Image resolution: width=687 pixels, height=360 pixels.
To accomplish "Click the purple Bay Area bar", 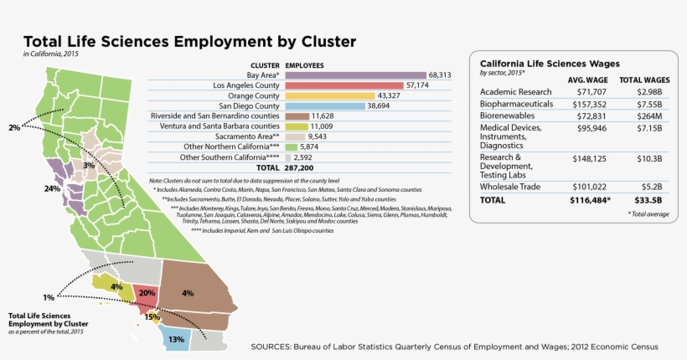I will pos(355,75).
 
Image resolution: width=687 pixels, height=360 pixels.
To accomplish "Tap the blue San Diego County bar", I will pos(325,106).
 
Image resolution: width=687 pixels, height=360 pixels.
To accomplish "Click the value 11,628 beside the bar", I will pos(325,116).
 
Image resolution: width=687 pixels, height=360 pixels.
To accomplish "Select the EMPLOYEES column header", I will pos(305,64).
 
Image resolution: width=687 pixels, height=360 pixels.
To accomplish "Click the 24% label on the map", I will pos(52,189).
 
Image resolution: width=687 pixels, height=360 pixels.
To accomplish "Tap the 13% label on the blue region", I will pos(176,340).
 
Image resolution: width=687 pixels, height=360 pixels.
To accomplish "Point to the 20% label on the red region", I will pos(147,294).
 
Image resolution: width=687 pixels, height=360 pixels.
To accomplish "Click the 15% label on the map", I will pos(152,317).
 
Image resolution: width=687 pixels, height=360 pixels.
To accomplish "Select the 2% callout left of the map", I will pos(13,128).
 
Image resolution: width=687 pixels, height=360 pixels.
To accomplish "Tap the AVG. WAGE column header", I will pos(586,80).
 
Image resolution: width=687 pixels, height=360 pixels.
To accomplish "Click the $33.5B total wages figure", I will pos(646,201).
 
